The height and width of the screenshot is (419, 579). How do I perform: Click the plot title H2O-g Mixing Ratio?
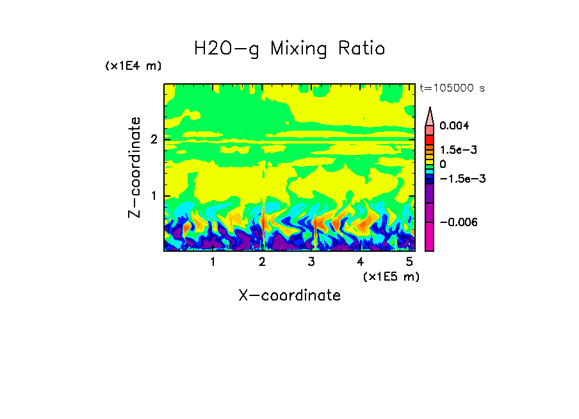tap(289, 49)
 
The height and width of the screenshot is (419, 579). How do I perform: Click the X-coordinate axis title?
tap(289, 295)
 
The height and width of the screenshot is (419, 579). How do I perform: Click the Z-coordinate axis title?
tap(135, 167)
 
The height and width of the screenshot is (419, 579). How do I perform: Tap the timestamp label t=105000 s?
tap(452, 88)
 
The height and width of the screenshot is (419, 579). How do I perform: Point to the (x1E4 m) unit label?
tap(133, 66)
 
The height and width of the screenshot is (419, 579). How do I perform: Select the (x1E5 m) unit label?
tap(391, 276)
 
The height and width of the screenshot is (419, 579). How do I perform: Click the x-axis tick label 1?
tap(213, 262)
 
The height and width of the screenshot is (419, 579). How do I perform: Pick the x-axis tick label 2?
tap(262, 262)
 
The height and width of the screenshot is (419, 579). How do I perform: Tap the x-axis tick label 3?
tap(311, 262)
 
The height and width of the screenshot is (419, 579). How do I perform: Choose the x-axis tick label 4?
tap(361, 262)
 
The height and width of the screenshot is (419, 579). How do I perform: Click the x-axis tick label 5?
tap(410, 262)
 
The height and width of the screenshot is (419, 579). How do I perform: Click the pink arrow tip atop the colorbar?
tap(429, 115)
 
